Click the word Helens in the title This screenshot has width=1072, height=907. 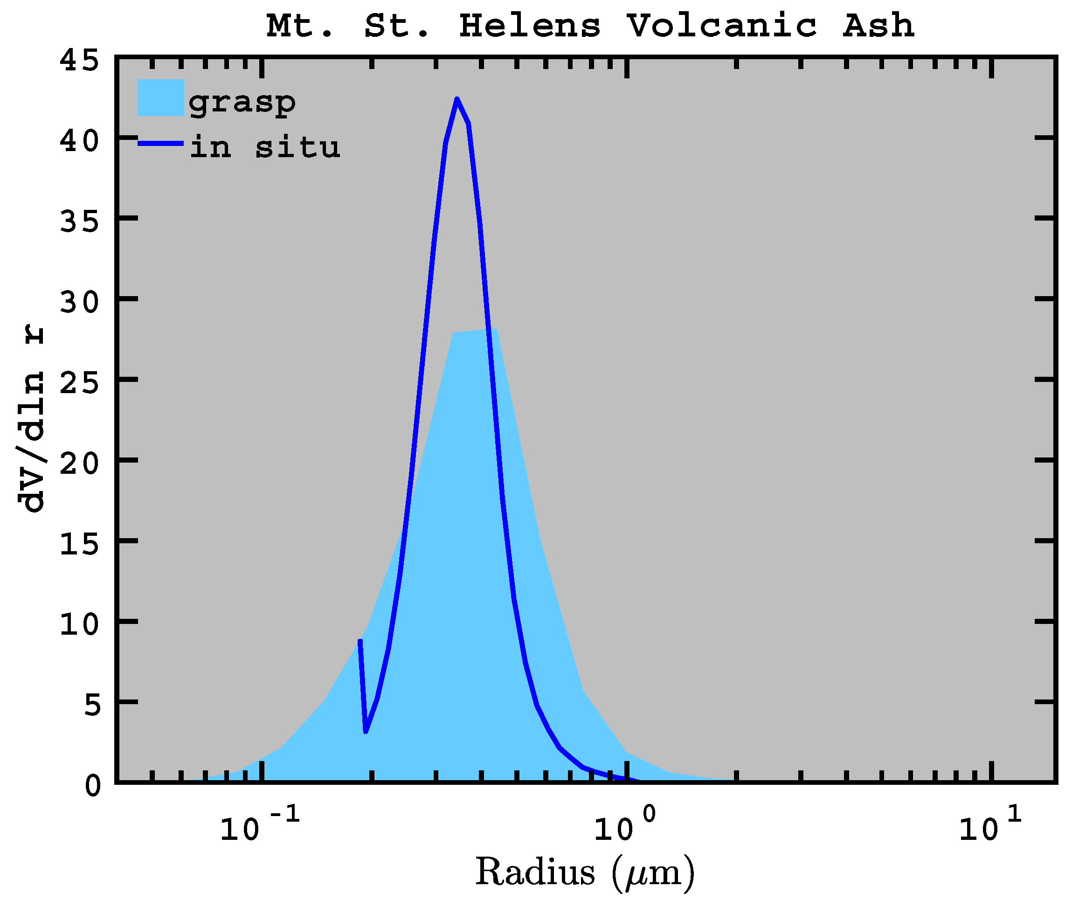[x=530, y=26]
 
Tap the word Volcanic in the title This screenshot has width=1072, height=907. [x=721, y=26]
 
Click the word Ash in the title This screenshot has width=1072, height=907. [x=878, y=26]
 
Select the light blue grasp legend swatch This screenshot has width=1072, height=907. [x=160, y=97]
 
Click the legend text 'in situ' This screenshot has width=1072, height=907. [x=264, y=147]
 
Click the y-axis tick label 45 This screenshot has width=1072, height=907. [x=79, y=61]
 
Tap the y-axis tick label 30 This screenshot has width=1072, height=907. [x=79, y=302]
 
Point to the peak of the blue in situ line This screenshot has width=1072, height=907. [x=456, y=99]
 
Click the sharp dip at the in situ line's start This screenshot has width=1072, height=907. [x=366, y=731]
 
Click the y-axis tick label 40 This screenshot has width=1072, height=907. [x=79, y=141]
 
